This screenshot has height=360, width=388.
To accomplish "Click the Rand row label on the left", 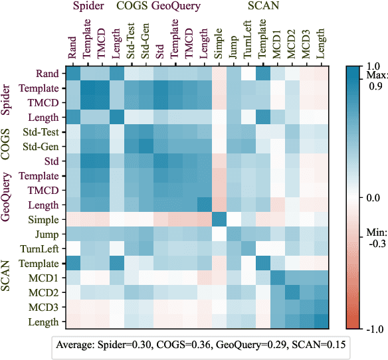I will click(x=48, y=74).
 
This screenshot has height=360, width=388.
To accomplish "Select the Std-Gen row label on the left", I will click(x=42, y=147).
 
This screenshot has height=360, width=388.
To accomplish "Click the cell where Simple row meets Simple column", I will click(x=219, y=220).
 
